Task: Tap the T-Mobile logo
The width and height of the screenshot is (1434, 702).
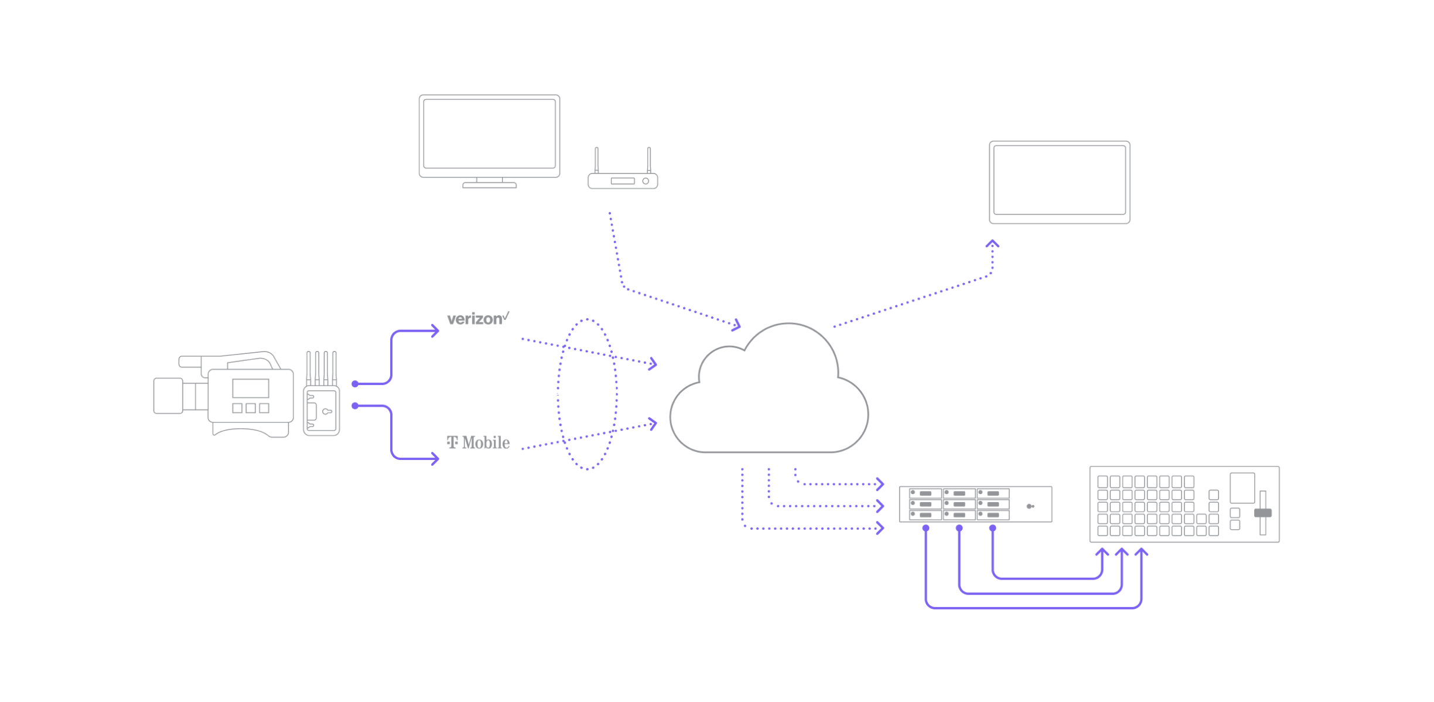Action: [478, 442]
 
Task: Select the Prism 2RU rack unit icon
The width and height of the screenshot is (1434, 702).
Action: [975, 505]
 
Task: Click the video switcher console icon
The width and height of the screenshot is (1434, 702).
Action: [1184, 504]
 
